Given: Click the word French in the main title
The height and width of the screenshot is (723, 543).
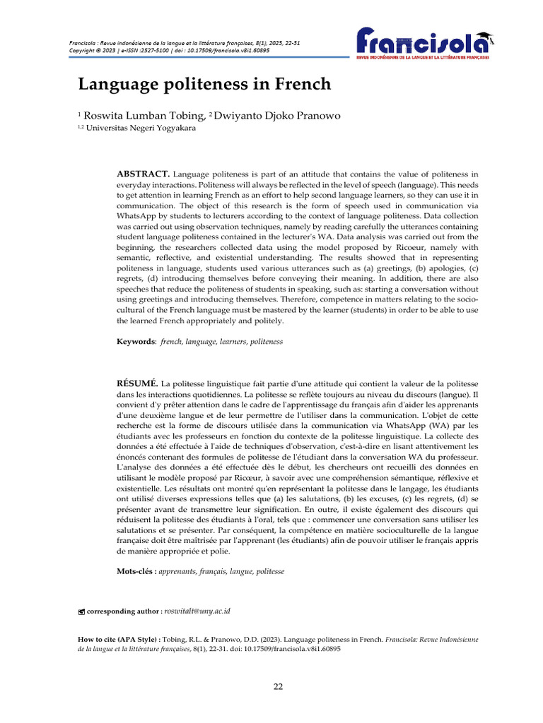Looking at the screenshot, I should (299, 84).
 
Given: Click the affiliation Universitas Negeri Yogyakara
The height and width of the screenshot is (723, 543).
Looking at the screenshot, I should (141, 128).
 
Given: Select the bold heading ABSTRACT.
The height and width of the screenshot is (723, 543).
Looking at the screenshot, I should (143, 173).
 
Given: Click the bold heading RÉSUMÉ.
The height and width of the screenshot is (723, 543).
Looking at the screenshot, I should (137, 382).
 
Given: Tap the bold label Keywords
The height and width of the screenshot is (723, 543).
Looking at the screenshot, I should (136, 341).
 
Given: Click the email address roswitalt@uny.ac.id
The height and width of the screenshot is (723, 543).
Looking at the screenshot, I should (199, 610).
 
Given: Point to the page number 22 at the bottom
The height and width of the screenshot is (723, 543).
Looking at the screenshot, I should (278, 687).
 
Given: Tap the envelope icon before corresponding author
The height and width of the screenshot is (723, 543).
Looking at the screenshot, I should (81, 611).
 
